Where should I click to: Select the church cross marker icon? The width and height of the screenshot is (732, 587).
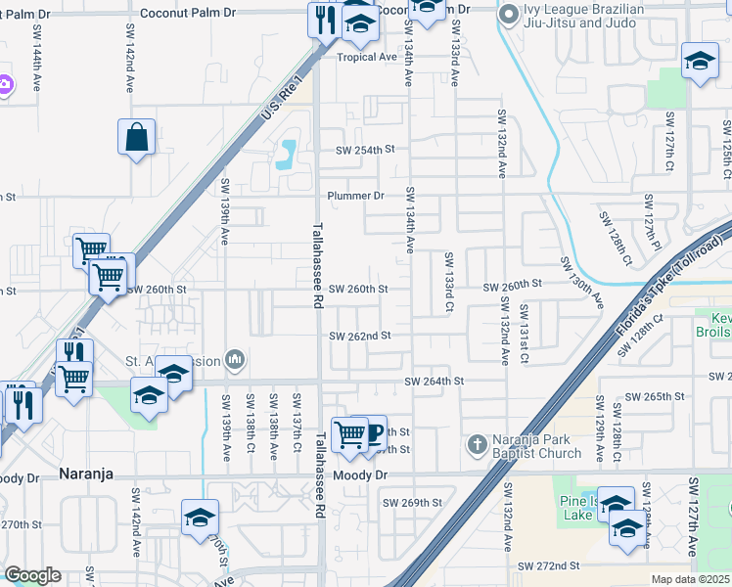(x=477, y=445)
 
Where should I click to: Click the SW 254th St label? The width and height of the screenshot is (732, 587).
(x=364, y=151)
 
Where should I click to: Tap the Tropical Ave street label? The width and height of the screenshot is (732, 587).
(x=367, y=57)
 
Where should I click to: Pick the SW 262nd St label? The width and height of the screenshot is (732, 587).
(x=359, y=336)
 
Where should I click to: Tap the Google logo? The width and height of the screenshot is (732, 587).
(x=32, y=575)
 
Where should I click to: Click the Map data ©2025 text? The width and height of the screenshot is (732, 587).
(x=691, y=579)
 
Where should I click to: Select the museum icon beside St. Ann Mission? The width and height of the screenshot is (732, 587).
(x=234, y=360)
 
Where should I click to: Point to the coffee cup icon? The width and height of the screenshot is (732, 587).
(x=371, y=433)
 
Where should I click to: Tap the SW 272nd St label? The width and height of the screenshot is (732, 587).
(x=549, y=566)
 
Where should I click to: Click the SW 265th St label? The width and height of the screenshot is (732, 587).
(x=651, y=396)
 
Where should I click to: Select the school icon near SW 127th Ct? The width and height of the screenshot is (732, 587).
(x=700, y=63)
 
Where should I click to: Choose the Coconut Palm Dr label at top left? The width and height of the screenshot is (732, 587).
(x=189, y=14)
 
